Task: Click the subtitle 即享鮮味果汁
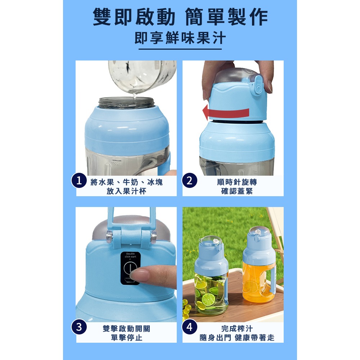tap(180, 38)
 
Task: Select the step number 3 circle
tap(79, 327)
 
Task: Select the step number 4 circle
tap(190, 327)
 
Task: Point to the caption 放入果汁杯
tap(126, 191)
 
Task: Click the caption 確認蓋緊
tap(237, 191)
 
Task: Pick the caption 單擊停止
tap(126, 338)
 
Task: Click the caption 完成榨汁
tap(237, 328)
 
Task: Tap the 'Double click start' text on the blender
tap(130, 255)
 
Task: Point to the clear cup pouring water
tap(144, 76)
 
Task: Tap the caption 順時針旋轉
tap(237, 182)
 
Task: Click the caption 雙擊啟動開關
tap(126, 328)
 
